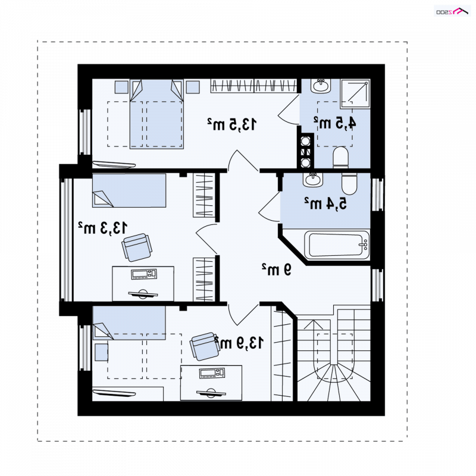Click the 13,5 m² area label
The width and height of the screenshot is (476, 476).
(x=232, y=124)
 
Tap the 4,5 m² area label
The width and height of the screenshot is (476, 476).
(x=334, y=123)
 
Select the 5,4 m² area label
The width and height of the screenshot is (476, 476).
(x=325, y=203)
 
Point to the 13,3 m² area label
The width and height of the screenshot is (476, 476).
(x=102, y=228)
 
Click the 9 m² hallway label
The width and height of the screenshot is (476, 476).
(x=277, y=270)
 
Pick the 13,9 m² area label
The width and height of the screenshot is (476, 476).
(x=239, y=343)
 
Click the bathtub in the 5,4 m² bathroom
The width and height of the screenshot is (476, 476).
(x=337, y=245)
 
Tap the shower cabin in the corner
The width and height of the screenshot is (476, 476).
(x=355, y=93)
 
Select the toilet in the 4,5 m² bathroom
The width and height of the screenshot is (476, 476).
(x=340, y=157)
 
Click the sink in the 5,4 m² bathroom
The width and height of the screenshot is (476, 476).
(x=312, y=180)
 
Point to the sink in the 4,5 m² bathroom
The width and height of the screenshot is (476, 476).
(x=321, y=86)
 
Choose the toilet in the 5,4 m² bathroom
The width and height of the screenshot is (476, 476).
(x=349, y=184)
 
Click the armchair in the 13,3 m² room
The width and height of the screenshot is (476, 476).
(x=137, y=247)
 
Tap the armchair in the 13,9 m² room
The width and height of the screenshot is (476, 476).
(x=205, y=346)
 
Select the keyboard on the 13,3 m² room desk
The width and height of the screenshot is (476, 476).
(x=144, y=274)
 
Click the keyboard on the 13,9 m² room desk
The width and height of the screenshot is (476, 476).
(x=212, y=373)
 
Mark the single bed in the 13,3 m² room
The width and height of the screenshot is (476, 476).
(x=129, y=190)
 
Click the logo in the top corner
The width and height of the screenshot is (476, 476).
(x=452, y=11)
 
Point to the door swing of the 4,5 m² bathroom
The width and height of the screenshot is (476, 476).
(x=289, y=109)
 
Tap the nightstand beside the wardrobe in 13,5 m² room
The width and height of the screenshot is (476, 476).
(x=193, y=87)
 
